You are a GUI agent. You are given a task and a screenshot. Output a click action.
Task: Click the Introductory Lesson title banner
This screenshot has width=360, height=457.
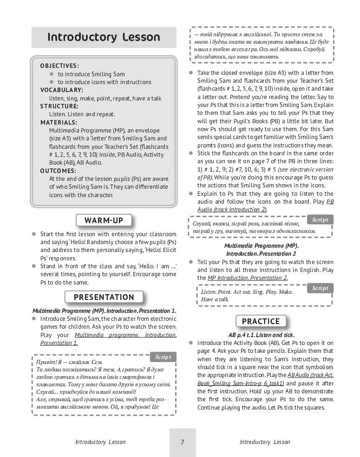[104, 37]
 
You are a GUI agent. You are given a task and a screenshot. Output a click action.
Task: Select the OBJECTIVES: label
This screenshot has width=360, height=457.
[59, 66]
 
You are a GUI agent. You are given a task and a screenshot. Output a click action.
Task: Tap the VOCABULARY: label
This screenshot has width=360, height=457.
[62, 90]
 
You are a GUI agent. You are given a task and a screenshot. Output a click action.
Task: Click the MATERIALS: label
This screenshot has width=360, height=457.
[59, 122]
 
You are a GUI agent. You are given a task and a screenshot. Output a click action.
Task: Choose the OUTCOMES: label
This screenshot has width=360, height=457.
[59, 171]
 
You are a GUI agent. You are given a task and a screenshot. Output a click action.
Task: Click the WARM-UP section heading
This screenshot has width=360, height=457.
[104, 220]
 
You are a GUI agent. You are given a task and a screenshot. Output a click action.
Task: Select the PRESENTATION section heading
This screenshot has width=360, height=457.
[104, 297]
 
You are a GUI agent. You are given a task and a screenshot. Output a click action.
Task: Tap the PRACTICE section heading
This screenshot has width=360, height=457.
[261, 321]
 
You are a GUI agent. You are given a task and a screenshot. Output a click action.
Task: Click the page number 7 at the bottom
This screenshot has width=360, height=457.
[183, 442]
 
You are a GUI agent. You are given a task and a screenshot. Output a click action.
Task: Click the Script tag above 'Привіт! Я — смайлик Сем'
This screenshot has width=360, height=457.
[163, 357]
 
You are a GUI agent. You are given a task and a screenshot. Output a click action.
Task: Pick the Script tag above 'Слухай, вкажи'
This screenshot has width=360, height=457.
[320, 220]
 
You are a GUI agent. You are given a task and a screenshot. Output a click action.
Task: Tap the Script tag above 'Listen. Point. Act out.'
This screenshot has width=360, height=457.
[320, 288]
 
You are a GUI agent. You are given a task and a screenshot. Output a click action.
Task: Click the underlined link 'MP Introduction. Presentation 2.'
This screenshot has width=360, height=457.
[248, 278]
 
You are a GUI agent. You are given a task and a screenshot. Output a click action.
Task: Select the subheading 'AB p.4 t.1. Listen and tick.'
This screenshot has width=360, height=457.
[262, 335]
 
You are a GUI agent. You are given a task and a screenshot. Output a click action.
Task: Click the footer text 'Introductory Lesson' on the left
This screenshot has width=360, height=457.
[100, 442]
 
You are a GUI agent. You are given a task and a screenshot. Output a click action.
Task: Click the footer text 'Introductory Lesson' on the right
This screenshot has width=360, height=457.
[265, 442]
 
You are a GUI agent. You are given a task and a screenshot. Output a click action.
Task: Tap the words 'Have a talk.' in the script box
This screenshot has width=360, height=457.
[215, 300]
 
